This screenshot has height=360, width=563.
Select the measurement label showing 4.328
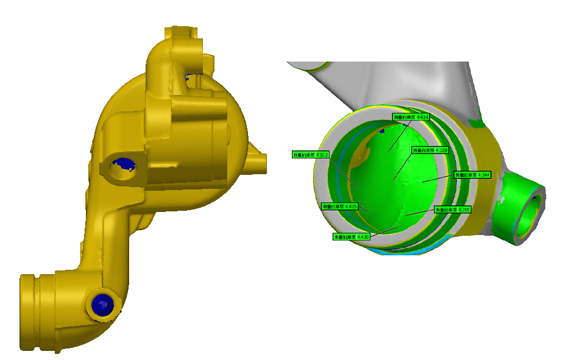(x=430, y=150)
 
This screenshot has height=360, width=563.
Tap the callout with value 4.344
(x=473, y=175)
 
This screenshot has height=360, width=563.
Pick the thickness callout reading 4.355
(x=452, y=210)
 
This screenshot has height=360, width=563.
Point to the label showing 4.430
(x=352, y=236)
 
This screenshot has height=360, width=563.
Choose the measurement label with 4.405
(x=339, y=207)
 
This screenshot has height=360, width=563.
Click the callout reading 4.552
(x=311, y=155)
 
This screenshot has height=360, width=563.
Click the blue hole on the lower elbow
(x=100, y=303)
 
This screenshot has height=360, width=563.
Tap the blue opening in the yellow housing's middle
(x=124, y=164)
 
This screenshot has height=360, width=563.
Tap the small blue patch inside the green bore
(x=382, y=129)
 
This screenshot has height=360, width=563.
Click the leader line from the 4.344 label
(x=439, y=178)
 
